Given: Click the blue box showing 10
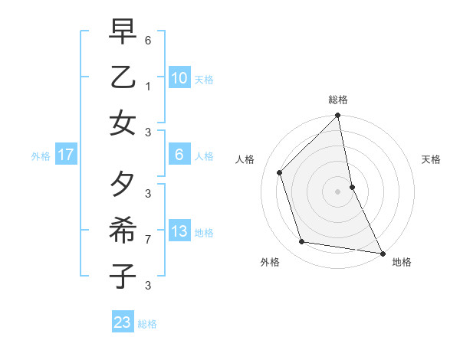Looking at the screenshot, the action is point(179,78).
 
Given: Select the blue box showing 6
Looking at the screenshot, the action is point(179,155).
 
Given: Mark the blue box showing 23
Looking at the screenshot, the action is point(122,322).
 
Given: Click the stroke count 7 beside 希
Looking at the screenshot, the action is point(148,240).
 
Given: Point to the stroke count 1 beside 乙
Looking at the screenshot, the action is point(148,87).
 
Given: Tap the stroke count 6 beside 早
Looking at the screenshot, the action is point(148,40).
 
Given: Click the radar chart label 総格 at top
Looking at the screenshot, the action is point(337,100).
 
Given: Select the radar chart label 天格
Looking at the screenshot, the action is point(431,159).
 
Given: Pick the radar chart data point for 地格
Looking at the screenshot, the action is point(382,253).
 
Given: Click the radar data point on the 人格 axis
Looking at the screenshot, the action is point(280,172).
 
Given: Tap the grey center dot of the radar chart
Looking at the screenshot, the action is point(337,191).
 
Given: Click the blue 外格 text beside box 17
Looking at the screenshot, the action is point(41,156).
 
